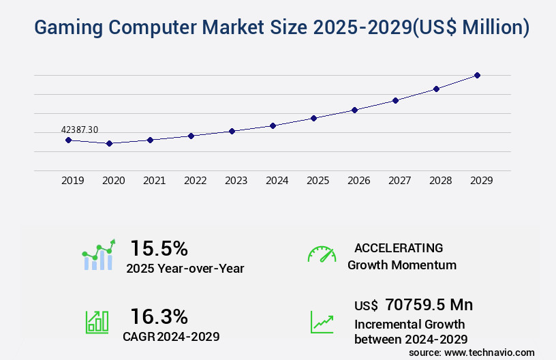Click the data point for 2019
pyautogui.click(x=68, y=140)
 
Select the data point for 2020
pyautogui.click(x=109, y=143)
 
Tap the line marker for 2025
pyautogui.click(x=313, y=118)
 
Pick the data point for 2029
pyautogui.click(x=477, y=75)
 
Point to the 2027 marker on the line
pyautogui.click(x=395, y=100)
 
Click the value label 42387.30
pyautogui.click(x=80, y=130)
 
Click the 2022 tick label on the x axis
pyautogui.click(x=196, y=181)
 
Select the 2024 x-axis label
pyautogui.click(x=277, y=181)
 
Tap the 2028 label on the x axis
pyautogui.click(x=441, y=181)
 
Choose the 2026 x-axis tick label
pyautogui.click(x=359, y=181)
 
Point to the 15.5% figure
pyautogui.click(x=159, y=248)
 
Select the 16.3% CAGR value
pyautogui.click(x=159, y=316)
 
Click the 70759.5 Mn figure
pyautogui.click(x=429, y=304)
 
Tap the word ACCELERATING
pyautogui.click(x=399, y=247)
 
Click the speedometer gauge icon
pyautogui.click(x=322, y=254)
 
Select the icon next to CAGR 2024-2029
pyautogui.click(x=97, y=322)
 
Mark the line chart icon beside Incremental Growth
pyautogui.click(x=322, y=322)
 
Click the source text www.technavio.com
pyautogui.click(x=489, y=352)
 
